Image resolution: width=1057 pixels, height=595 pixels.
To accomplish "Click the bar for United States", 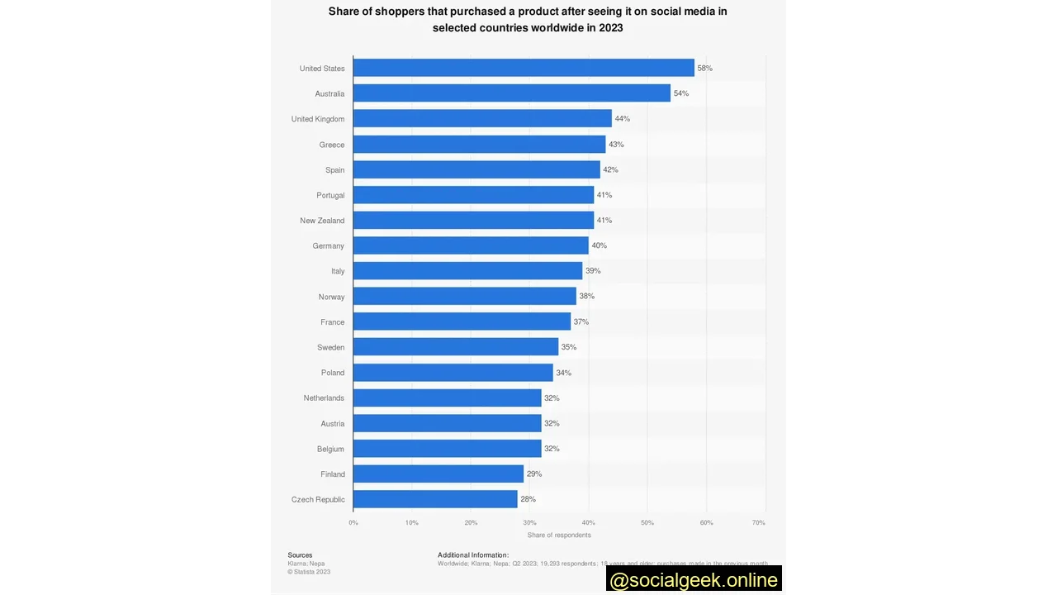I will pyautogui.click(x=524, y=68).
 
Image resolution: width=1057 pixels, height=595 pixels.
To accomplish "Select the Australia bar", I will pyautogui.click(x=512, y=93).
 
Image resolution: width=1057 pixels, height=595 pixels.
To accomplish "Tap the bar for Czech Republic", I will pyautogui.click(x=435, y=499).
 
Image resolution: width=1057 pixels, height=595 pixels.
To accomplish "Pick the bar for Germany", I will pyautogui.click(x=471, y=245).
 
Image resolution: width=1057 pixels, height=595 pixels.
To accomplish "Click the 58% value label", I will pyautogui.click(x=704, y=68).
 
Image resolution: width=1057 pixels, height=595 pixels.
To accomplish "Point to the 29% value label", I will pyautogui.click(x=534, y=474).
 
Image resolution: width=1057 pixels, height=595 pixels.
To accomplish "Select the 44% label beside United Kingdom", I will pyautogui.click(x=622, y=119).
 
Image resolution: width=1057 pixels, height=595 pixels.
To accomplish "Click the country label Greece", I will pyautogui.click(x=332, y=145).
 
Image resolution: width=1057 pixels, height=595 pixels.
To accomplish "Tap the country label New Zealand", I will pyautogui.click(x=322, y=221).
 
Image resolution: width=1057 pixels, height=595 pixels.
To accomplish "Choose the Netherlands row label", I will pyautogui.click(x=324, y=398).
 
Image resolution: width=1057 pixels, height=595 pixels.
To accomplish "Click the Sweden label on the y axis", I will pyautogui.click(x=330, y=347).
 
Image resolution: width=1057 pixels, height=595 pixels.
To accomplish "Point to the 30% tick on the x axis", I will pyautogui.click(x=529, y=522).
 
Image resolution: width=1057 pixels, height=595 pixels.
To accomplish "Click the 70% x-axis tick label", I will pyautogui.click(x=758, y=522).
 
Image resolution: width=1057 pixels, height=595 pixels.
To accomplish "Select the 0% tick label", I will pyautogui.click(x=353, y=522).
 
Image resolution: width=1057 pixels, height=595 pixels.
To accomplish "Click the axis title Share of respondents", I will pyautogui.click(x=559, y=535).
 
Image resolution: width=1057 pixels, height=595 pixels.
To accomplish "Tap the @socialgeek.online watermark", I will pyautogui.click(x=694, y=580).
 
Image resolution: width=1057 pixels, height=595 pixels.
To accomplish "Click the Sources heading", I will pyautogui.click(x=300, y=555).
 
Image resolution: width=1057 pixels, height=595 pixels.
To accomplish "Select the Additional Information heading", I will pyautogui.click(x=473, y=555).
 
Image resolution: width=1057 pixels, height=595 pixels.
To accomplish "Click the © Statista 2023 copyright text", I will pyautogui.click(x=309, y=572).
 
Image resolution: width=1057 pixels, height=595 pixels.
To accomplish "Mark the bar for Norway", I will pyautogui.click(x=465, y=296).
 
